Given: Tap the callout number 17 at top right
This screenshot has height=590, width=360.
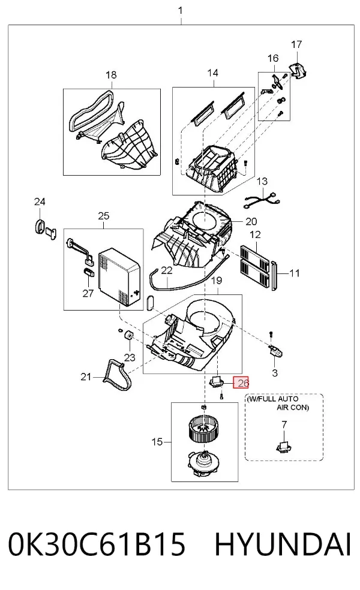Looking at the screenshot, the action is coord(296,44).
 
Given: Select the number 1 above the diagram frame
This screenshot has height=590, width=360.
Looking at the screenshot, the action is coord(181,11).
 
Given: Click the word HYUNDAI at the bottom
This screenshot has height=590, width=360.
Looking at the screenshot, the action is coord(283,544).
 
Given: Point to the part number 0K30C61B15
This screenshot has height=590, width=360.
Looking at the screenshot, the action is coord(97,544).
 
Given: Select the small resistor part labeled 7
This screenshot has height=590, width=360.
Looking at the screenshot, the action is coord(284,446).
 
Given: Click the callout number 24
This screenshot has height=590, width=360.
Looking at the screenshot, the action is coord(40,201).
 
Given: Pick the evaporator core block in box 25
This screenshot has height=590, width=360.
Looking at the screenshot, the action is coord(119,276).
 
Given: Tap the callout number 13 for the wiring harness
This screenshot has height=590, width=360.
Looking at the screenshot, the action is coord(262,181).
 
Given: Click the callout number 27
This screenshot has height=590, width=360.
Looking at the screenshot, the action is coord(88,293).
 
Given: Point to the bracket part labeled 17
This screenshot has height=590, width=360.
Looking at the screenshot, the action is coord(298,71).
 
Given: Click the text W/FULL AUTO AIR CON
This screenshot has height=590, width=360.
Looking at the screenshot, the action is coord(278,402).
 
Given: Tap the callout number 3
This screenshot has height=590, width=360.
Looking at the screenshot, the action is coord(275,373).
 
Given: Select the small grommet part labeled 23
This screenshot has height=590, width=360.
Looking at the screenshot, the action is coord(128,335).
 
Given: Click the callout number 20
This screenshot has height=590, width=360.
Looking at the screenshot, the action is coord(251,222).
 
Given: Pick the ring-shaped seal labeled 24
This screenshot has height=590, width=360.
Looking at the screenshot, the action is coord(38,227).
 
